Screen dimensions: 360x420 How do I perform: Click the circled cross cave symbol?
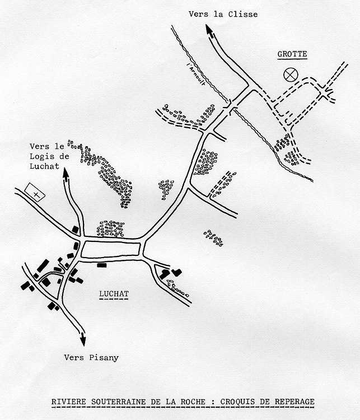pos(291,74)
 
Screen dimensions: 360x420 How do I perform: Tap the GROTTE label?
pos(292,54)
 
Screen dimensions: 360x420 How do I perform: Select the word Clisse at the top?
pos(243,14)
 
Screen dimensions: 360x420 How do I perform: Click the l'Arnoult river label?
pos(197,73)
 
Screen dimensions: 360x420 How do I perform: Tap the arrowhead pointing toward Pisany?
pos(83,339)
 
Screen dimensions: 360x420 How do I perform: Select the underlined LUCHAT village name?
pos(114,293)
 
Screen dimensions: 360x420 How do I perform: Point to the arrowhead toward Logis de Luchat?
pos(66,174)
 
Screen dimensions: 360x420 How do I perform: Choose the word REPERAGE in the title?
pos(294,402)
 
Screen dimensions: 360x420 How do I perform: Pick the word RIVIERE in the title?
pos(69,402)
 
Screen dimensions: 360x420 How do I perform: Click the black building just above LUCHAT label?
pos(102,265)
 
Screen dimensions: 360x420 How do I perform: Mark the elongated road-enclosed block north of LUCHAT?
pos(111,249)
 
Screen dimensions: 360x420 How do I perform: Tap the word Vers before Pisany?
pos(74,357)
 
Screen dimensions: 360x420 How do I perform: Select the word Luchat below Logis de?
pos(44,166)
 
